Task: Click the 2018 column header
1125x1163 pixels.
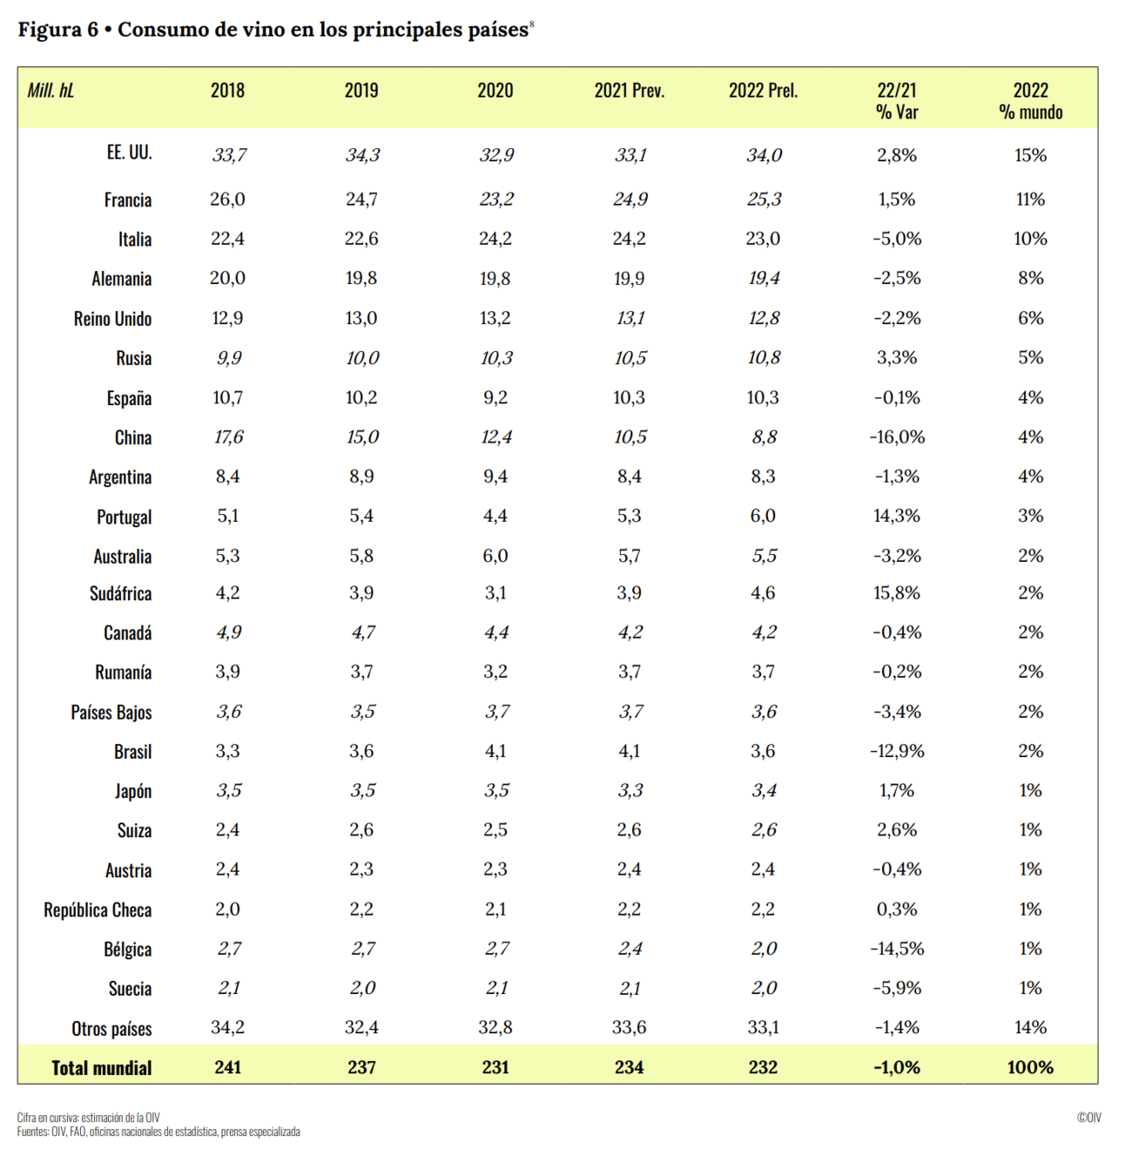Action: point(227,91)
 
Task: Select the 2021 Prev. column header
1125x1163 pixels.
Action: point(629,91)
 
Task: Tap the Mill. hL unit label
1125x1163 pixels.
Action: point(51,91)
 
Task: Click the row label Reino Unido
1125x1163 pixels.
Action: point(112,319)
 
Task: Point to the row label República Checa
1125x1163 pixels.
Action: point(98,910)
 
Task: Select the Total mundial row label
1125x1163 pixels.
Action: point(101,1068)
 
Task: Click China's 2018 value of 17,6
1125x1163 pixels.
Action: point(228,437)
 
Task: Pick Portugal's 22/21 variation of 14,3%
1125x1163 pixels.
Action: point(896,516)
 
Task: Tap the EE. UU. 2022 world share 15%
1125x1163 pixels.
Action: point(1030,155)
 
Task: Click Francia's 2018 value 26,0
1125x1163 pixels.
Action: point(227,199)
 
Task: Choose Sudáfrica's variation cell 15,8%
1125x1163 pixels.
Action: point(896,593)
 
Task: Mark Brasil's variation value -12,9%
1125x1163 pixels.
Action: point(896,751)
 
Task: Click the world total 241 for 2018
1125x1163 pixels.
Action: point(227,1067)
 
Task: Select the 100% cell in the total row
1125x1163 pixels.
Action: point(1030,1067)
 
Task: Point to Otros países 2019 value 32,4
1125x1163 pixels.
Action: point(361,1028)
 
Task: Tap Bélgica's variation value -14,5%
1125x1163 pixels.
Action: point(896,949)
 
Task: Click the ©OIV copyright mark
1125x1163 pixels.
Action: point(1088,1118)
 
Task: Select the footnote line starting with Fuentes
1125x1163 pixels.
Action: point(158,1132)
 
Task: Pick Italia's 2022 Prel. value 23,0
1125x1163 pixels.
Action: point(763,239)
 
